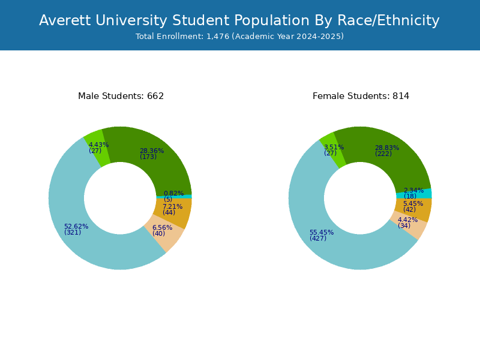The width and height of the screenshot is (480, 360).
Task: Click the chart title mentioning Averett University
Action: point(239,21)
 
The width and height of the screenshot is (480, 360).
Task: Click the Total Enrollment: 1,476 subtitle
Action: point(239,37)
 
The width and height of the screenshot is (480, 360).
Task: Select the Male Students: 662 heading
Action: point(121,96)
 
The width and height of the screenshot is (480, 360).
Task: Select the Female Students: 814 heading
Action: point(361,96)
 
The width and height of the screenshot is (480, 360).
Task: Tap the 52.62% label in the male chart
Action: point(76,226)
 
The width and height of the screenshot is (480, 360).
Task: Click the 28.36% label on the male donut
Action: point(152,151)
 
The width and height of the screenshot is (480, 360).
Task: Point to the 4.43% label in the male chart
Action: point(98,145)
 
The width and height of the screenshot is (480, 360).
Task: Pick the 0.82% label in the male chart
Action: point(173,193)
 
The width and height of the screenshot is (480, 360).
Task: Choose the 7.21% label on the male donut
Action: point(172,206)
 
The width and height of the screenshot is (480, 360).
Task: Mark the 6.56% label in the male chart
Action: point(162,228)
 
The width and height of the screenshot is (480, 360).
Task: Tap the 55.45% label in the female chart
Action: point(322,232)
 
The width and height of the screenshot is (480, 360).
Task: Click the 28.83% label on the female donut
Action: point(387,148)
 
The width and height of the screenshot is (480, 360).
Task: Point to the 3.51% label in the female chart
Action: point(334,147)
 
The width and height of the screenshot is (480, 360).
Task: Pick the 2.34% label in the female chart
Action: point(413,190)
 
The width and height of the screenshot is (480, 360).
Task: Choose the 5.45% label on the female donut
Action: point(413,203)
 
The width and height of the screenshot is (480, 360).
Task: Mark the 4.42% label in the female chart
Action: point(408,220)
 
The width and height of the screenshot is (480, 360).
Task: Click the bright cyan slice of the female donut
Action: point(427,193)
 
